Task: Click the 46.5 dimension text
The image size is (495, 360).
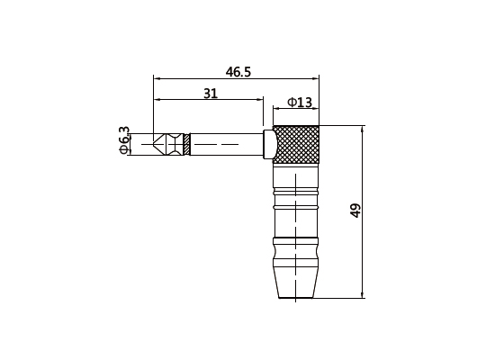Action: tap(238, 71)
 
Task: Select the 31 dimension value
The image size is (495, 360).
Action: tap(210, 93)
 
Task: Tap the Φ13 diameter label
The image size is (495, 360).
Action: tap(300, 103)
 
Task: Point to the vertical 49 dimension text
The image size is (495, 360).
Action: tap(355, 211)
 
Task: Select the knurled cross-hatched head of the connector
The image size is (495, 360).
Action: tap(299, 144)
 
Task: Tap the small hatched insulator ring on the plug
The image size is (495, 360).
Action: tap(186, 144)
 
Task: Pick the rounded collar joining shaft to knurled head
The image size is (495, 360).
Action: tap(268, 144)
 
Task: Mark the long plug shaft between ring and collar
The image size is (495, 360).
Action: tap(225, 144)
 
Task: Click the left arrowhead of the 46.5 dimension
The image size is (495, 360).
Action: tap(157, 78)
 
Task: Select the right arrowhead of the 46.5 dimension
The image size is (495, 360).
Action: tap(321, 78)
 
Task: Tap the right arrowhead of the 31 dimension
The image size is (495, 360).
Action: tap(259, 100)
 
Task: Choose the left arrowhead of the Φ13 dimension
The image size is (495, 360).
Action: tap(276, 111)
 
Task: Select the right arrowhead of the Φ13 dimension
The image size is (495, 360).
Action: tap(321, 111)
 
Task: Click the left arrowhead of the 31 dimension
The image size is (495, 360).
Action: tap(157, 100)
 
